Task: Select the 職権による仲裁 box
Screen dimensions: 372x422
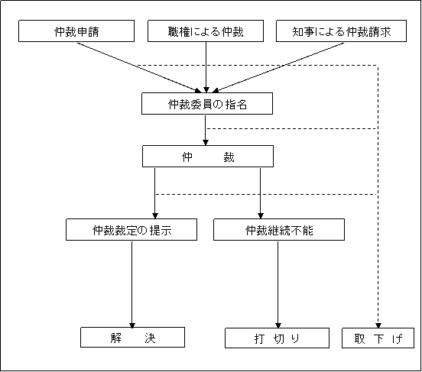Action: click(x=207, y=32)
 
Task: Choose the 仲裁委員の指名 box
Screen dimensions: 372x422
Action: click(x=206, y=104)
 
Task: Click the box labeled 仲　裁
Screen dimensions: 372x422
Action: click(x=207, y=157)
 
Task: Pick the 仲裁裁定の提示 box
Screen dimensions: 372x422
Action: click(x=131, y=229)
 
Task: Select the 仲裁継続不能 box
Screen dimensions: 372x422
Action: click(x=279, y=229)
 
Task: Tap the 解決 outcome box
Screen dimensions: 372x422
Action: click(x=132, y=338)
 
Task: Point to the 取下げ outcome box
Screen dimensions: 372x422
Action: click(x=378, y=338)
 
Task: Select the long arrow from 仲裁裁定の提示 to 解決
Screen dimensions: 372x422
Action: click(x=132, y=283)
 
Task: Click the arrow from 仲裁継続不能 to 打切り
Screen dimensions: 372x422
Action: click(x=278, y=283)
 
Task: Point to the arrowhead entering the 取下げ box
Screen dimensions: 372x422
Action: click(x=378, y=323)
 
